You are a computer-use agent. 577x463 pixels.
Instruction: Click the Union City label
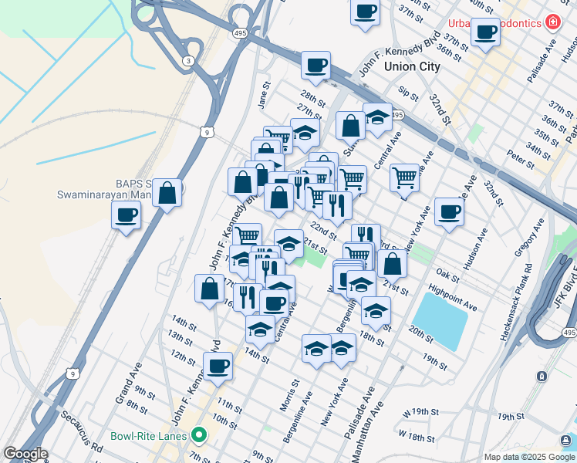point(412,67)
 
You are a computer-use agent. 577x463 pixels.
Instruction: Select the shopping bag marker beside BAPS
point(167,193)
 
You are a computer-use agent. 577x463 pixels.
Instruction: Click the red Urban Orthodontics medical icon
point(553,22)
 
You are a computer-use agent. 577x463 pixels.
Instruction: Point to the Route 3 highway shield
point(187,60)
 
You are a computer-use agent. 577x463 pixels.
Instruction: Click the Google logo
point(25,454)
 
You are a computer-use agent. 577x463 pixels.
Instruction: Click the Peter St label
point(522,161)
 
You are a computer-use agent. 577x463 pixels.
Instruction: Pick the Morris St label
point(291,393)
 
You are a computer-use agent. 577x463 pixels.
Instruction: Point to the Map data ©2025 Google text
point(529,456)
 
